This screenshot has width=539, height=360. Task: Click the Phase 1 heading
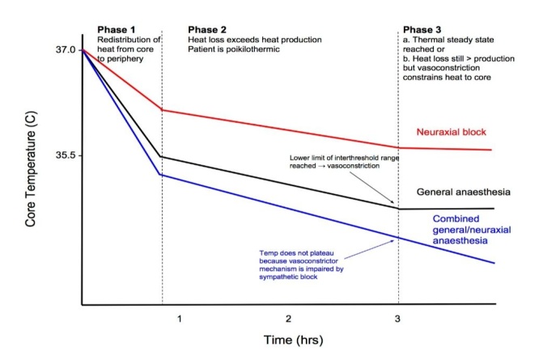(117, 30)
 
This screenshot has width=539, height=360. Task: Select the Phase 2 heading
(207, 30)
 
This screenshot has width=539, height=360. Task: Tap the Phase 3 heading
(422, 30)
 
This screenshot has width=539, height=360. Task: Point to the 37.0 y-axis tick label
(66, 50)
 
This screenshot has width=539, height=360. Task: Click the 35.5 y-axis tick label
(66, 155)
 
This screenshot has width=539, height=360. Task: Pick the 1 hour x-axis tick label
(180, 319)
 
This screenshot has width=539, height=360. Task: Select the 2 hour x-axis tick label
(288, 319)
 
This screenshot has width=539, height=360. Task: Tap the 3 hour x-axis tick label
(397, 319)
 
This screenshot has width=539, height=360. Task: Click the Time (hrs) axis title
(294, 340)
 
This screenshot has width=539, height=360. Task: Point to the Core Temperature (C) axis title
(30, 169)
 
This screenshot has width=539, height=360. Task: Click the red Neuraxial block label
(452, 132)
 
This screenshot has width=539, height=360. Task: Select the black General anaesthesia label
(464, 192)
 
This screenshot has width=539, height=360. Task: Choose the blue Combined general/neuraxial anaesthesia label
(472, 230)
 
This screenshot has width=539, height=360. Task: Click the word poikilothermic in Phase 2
(253, 49)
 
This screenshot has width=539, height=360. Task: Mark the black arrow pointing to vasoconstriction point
(372, 187)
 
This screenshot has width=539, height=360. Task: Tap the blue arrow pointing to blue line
(369, 249)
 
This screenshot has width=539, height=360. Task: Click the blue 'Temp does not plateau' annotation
(302, 265)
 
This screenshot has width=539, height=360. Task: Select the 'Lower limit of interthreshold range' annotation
(344, 162)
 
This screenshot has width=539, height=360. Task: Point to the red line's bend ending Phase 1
(162, 110)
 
